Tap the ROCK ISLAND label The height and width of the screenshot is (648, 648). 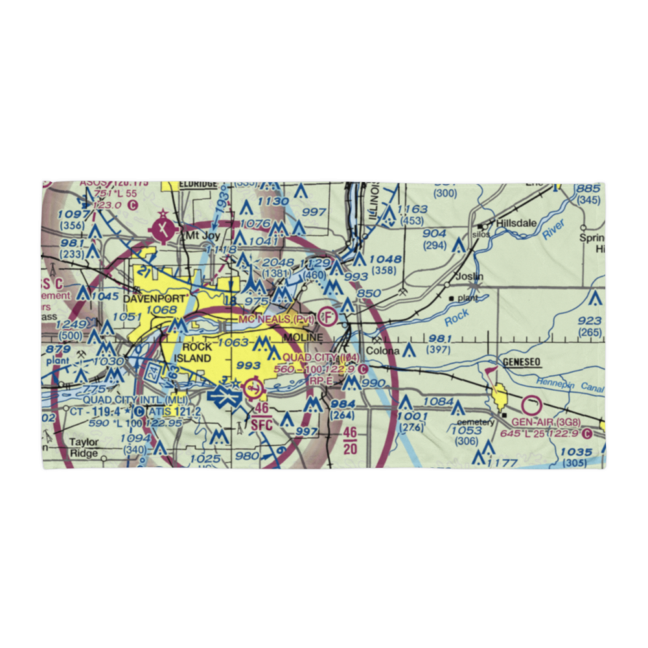[192, 353]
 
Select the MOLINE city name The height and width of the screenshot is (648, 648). [302, 338]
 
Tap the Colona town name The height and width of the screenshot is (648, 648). [385, 352]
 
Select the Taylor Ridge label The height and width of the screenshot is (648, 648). [84, 447]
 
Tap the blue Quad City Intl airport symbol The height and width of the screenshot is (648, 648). [224, 395]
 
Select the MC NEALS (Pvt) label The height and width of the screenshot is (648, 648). [277, 319]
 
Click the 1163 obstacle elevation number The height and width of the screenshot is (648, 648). [412, 209]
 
